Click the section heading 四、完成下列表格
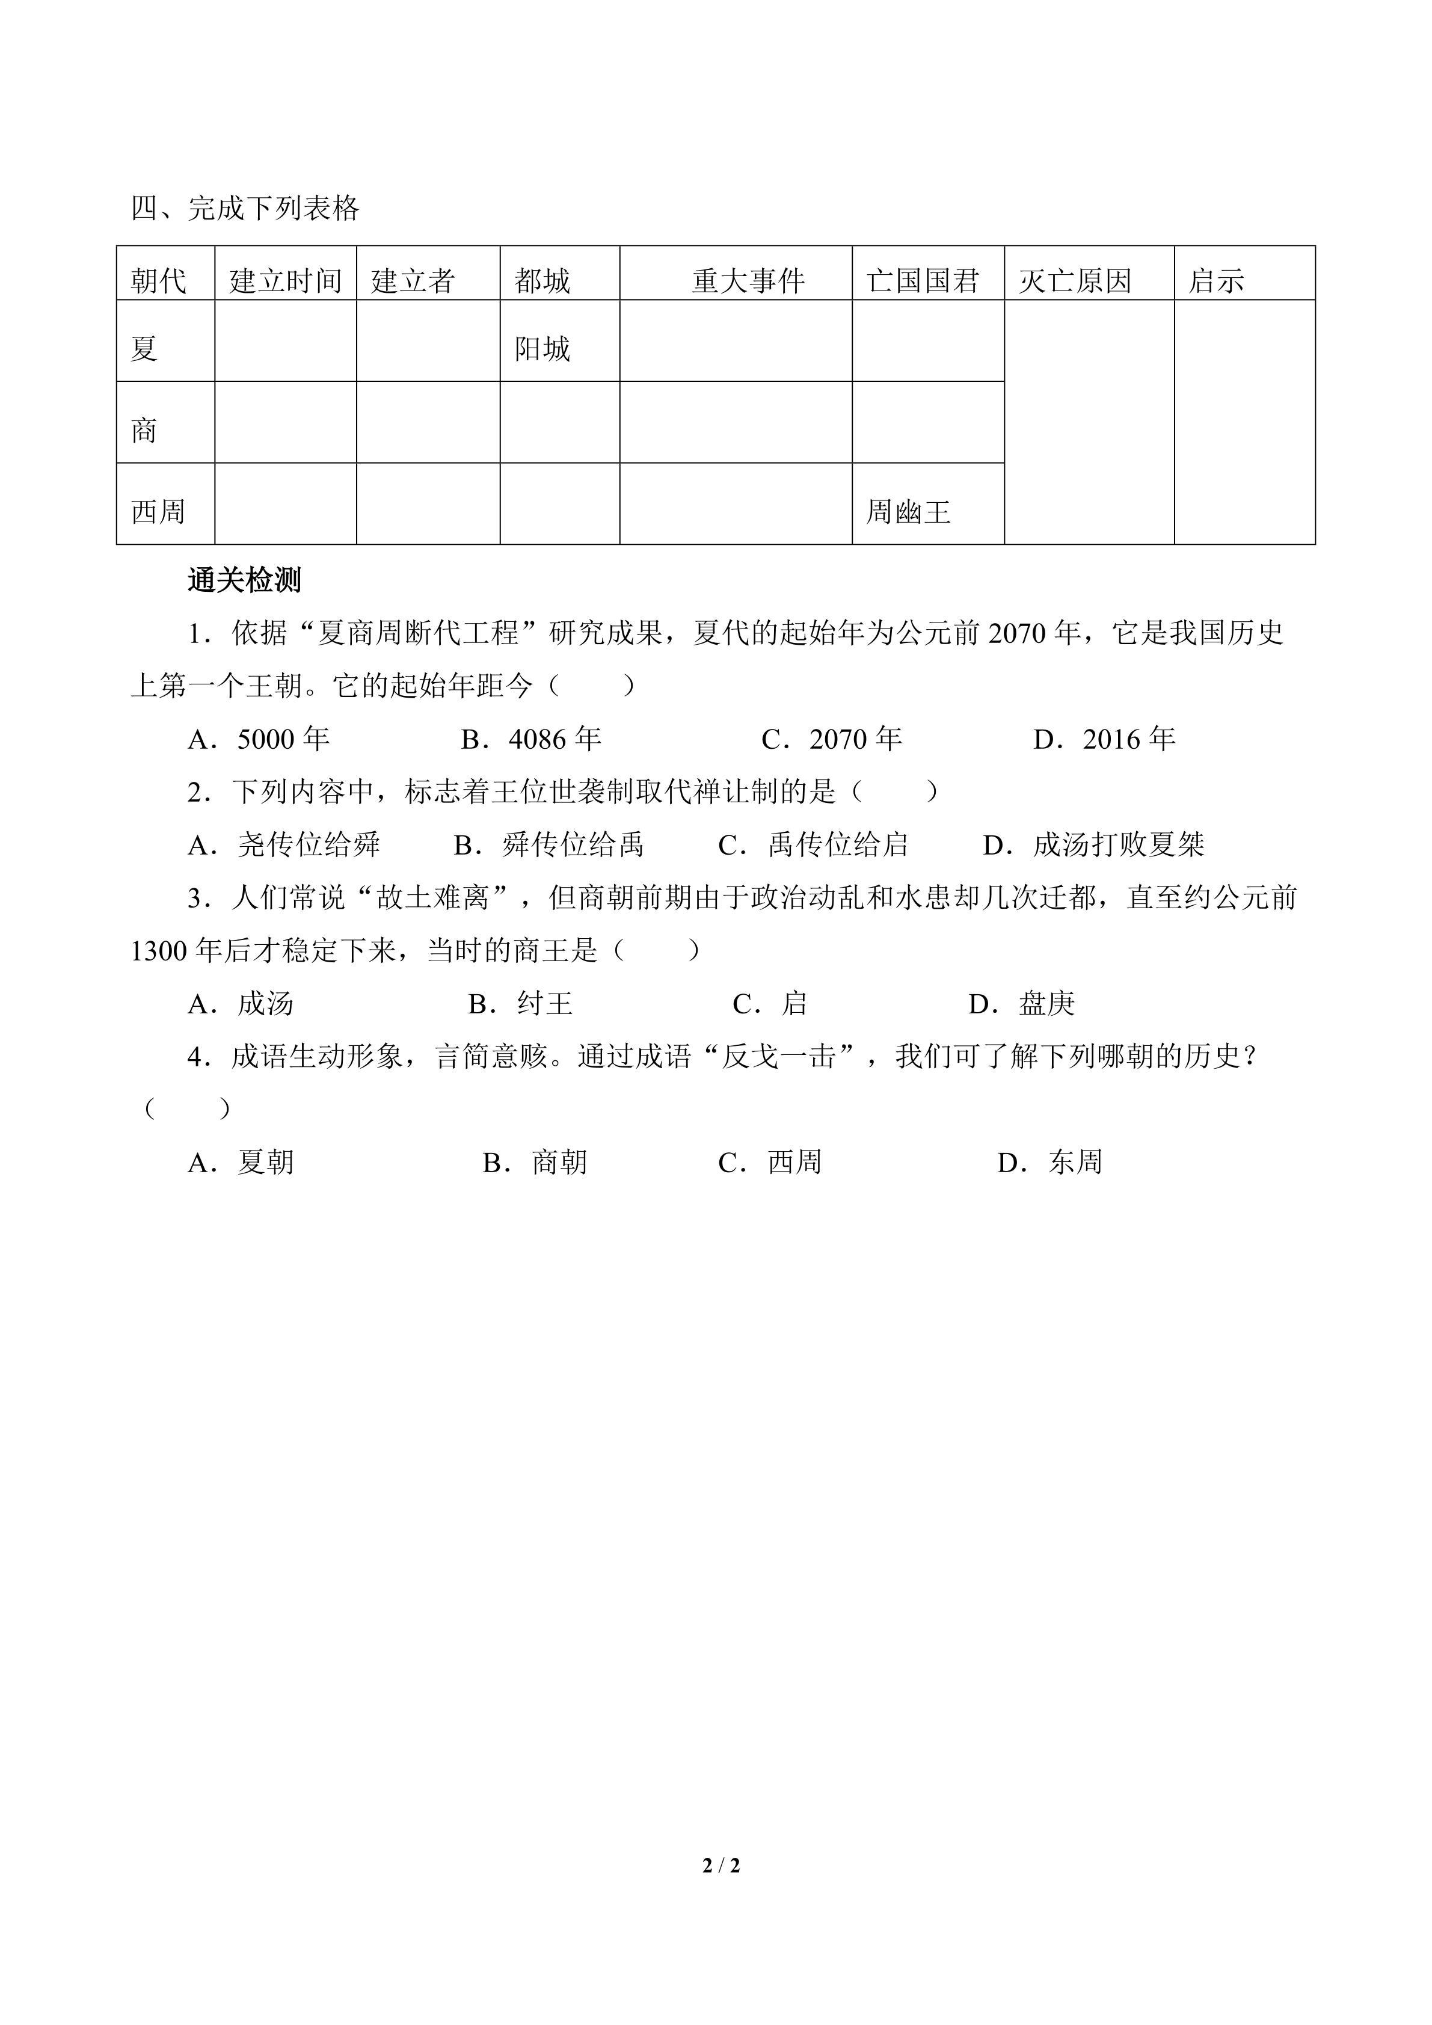click(245, 209)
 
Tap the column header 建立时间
click(286, 281)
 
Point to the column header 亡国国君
click(923, 281)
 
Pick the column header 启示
click(1216, 281)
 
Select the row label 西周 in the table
click(159, 512)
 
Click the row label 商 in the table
click(144, 431)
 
